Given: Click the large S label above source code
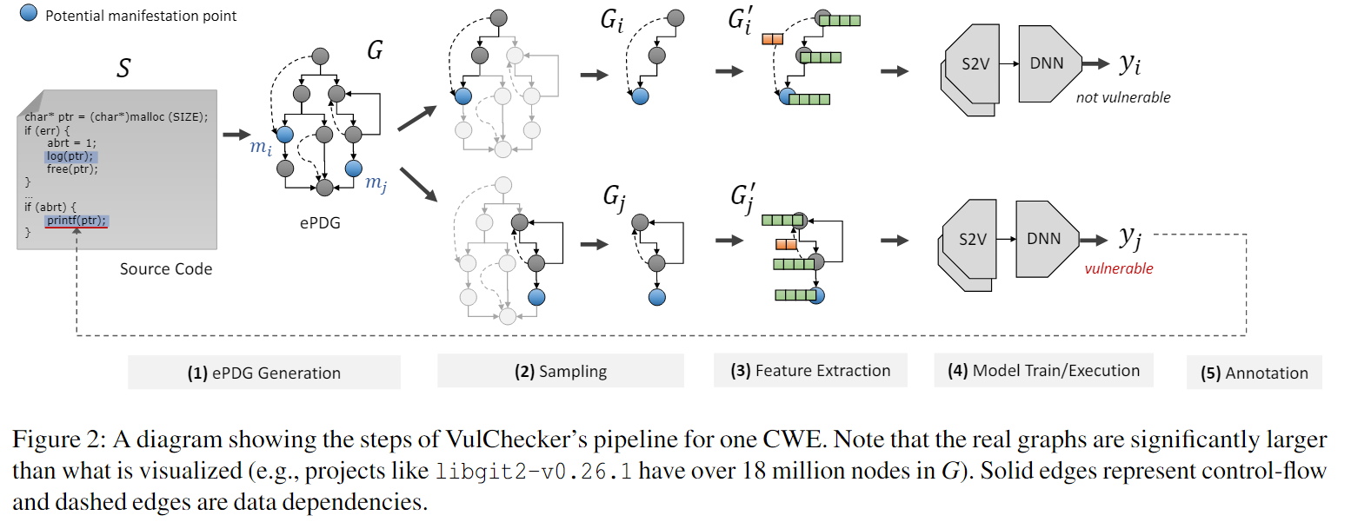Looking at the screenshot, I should pos(123,67).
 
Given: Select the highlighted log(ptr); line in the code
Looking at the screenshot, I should pos(73,156).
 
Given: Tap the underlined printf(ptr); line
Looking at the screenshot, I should pos(77,220).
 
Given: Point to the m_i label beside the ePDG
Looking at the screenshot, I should pos(261,147).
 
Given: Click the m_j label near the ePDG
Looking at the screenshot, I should pos(376,182).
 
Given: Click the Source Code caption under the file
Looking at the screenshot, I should pos(166,268).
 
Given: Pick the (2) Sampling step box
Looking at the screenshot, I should pos(560,372).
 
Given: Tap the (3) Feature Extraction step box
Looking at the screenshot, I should pos(809,371).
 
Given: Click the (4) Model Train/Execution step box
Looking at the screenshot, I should pos(1043,371).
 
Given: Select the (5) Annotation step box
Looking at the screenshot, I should pos(1254,373).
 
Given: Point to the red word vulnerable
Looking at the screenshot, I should pos(1118,268).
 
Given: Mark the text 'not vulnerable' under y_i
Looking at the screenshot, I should pos(1122,97).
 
